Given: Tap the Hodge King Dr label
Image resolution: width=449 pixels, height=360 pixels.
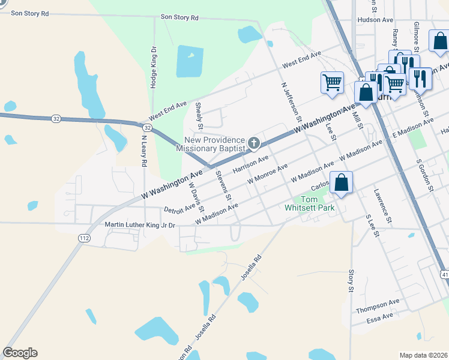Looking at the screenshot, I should (x=154, y=68).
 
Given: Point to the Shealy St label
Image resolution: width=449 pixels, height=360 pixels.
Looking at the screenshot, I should (x=200, y=116).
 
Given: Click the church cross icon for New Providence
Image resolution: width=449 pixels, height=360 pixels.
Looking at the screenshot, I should (x=254, y=143).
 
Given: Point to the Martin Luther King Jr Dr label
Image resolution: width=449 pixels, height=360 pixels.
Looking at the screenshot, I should (x=139, y=225).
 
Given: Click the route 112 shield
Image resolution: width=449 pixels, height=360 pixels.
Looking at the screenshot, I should (x=84, y=238).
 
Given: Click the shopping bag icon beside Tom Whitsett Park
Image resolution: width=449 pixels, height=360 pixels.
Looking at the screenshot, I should (x=341, y=183).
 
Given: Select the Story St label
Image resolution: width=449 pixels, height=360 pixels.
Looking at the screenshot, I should (x=351, y=281).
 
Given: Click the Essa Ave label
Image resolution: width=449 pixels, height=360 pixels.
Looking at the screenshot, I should (x=380, y=316).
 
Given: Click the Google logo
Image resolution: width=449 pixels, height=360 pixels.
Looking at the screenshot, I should (x=20, y=353).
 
